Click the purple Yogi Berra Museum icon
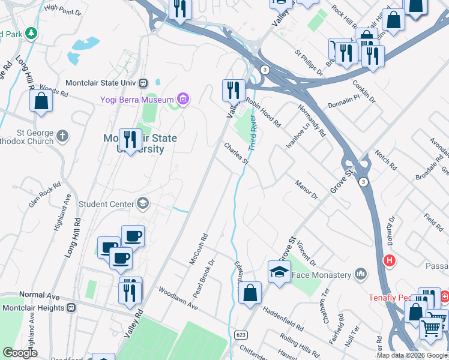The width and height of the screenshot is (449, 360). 183,98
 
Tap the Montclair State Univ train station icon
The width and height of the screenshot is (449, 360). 143,83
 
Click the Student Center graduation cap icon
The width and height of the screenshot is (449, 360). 142,203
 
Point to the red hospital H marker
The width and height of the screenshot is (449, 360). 389,261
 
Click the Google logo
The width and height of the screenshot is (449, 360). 20,353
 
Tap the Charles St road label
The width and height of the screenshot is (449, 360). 236,154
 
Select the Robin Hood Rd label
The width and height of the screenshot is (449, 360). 266,113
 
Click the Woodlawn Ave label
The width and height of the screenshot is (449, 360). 178,298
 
